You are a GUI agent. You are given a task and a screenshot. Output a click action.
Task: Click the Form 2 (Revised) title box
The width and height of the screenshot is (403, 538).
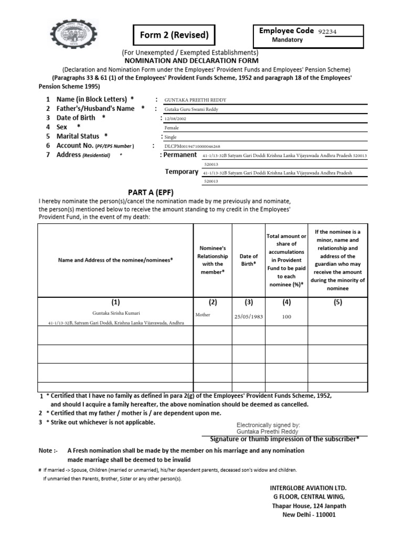pos(174,36)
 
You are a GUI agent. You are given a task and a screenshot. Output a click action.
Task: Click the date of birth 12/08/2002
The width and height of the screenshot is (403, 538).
pos(175,119)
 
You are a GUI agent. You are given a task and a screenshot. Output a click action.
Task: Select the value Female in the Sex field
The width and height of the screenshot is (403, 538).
pos(172,127)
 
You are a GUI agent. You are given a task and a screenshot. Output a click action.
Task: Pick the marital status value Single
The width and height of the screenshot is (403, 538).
pos(171,137)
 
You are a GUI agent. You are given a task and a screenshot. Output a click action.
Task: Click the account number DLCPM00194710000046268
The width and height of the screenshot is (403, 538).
pos(192,146)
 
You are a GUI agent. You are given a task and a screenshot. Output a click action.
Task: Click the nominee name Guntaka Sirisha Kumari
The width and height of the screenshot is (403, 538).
pos(115,313)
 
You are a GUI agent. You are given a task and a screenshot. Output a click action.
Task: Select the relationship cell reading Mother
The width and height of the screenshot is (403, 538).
pos(203,314)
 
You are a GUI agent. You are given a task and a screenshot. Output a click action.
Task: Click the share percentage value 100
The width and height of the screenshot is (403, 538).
pos(287,317)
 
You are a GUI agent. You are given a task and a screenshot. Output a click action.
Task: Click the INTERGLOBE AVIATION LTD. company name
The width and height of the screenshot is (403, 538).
pos(309,488)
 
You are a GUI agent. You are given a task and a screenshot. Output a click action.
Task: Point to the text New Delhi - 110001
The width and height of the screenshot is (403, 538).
pos(309,515)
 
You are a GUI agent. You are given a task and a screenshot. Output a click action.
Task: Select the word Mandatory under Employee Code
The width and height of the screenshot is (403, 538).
pos(287,40)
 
